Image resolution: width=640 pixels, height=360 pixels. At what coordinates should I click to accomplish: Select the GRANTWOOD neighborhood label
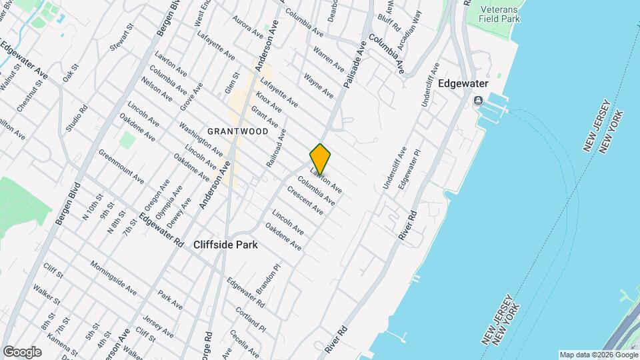pos(238,131)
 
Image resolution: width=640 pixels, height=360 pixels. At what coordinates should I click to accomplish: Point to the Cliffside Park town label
pos(225,245)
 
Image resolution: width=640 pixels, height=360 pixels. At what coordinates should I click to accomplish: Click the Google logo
pos(21,352)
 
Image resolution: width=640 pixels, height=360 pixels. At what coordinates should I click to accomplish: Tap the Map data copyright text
pos(598,355)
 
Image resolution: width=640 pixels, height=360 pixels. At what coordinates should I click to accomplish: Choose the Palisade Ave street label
pos(355,65)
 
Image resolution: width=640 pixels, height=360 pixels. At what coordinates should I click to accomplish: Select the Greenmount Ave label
pos(121,166)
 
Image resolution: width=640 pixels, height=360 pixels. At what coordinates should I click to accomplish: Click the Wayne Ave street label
pos(318,86)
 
